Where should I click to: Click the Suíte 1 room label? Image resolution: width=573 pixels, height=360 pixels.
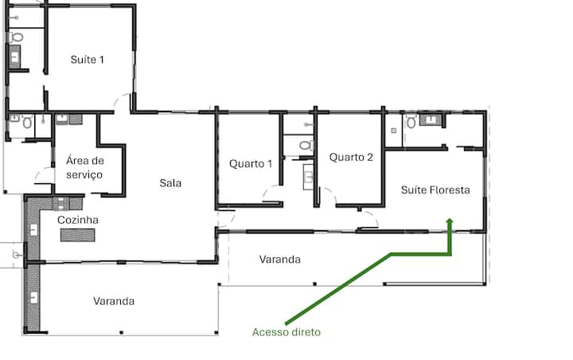coord(88,59)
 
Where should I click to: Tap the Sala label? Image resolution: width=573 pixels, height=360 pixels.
coord(170,182)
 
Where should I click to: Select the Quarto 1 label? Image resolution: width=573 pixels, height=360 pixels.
coord(251,163)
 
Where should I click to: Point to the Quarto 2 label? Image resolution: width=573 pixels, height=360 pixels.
coord(351,157)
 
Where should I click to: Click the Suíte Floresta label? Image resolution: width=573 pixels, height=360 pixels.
coord(435,190)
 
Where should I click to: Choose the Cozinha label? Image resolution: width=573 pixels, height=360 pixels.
coord(78,220)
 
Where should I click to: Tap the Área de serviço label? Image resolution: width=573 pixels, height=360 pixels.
coord(84,167)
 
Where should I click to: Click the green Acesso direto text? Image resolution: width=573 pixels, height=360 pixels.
coord(286,332)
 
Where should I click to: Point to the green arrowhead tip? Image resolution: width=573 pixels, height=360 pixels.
coord(450,219)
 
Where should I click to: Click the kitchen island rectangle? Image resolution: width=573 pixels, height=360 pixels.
coord(77,235)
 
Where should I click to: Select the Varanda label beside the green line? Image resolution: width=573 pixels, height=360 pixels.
coord(280,260)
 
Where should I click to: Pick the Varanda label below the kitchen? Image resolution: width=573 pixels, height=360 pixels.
coord(114,301)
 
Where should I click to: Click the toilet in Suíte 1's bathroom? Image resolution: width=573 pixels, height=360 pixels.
coord(16,37)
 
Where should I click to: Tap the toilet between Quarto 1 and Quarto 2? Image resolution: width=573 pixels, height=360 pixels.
coord(306,146)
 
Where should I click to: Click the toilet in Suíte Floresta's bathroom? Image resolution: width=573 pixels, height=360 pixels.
coord(411,121)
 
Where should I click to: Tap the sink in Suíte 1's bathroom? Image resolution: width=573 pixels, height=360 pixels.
coord(14,57)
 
